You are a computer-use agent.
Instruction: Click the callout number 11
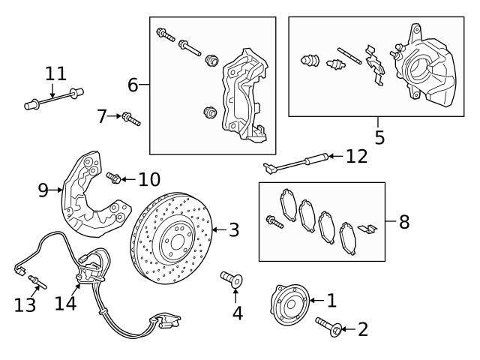coord(55,74)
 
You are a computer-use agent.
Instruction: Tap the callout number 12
coord(357,156)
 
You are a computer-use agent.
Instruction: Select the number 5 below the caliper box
coord(379,137)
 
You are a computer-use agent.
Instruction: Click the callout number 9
coord(43,190)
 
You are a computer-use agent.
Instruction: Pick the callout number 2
coord(363,328)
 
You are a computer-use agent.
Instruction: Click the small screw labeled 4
coord(231,280)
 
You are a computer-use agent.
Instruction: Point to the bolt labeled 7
coord(132,119)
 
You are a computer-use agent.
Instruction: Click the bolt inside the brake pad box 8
coord(273,220)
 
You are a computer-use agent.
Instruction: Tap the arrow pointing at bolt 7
coord(113,116)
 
